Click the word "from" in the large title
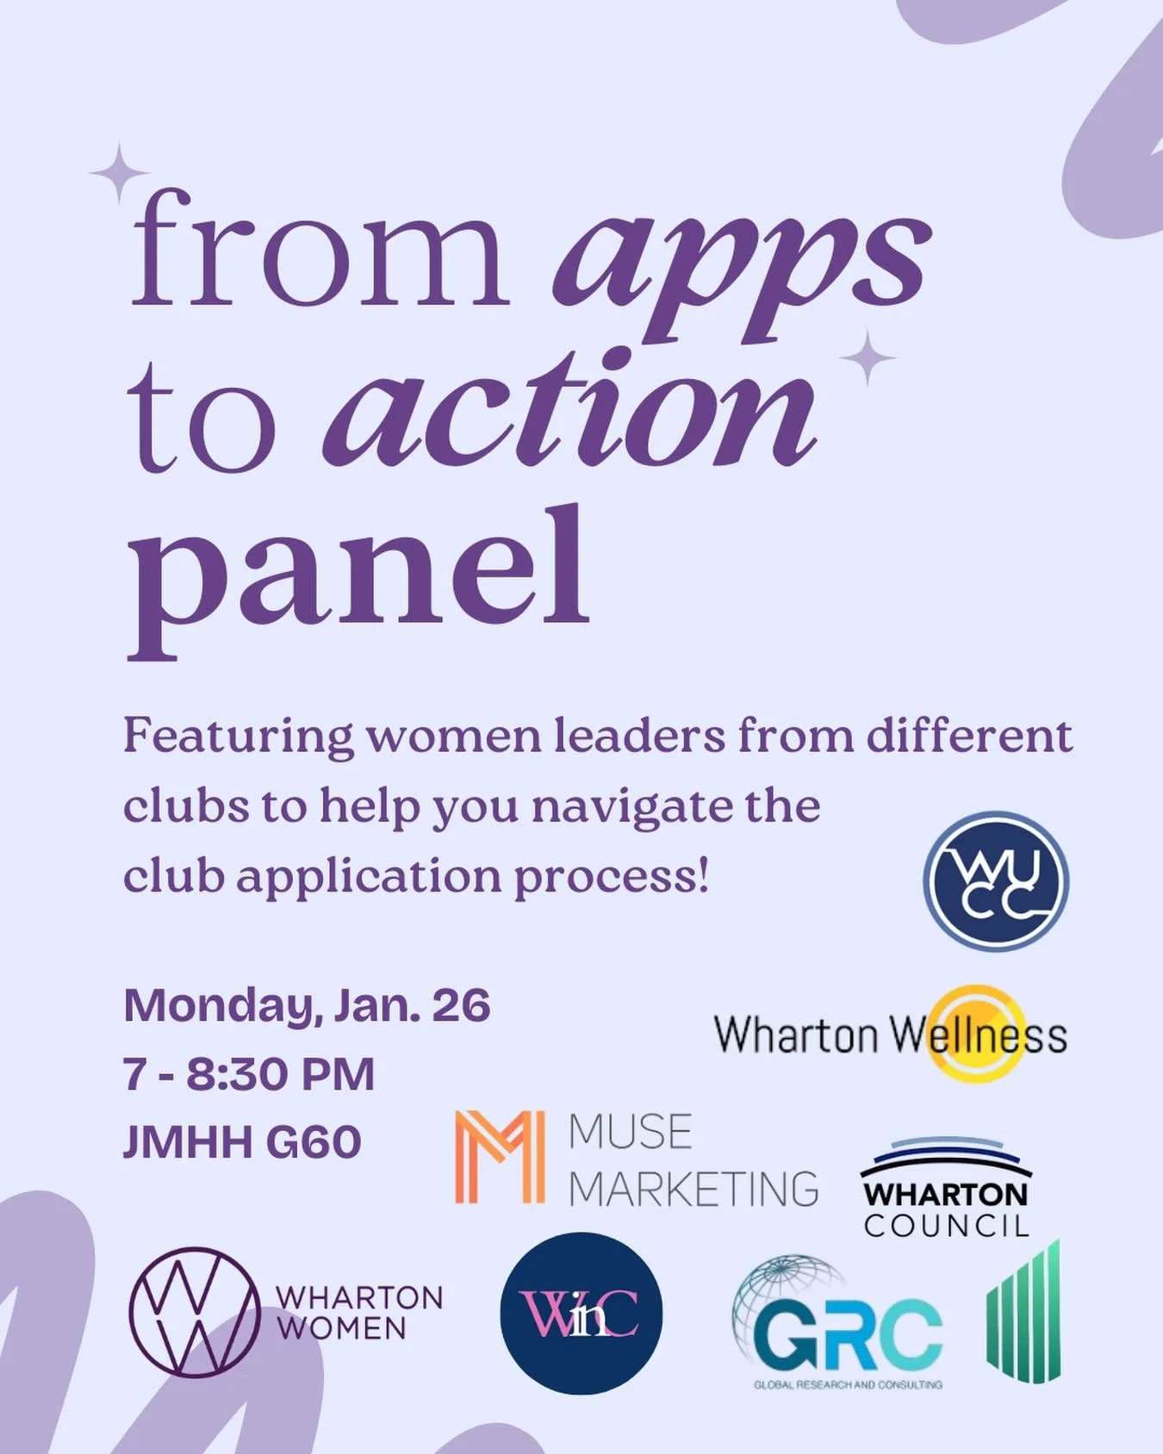point(319,250)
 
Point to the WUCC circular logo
point(996,881)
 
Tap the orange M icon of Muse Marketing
point(500,1156)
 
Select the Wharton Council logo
point(946,1187)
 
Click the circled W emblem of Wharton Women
point(195,1311)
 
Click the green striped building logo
point(1023,1311)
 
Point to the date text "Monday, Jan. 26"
point(307,1006)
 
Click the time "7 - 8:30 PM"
point(249,1074)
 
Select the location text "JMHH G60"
point(242,1142)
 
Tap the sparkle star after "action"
point(868,358)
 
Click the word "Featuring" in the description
point(238,736)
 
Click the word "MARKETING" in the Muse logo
point(693,1189)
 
